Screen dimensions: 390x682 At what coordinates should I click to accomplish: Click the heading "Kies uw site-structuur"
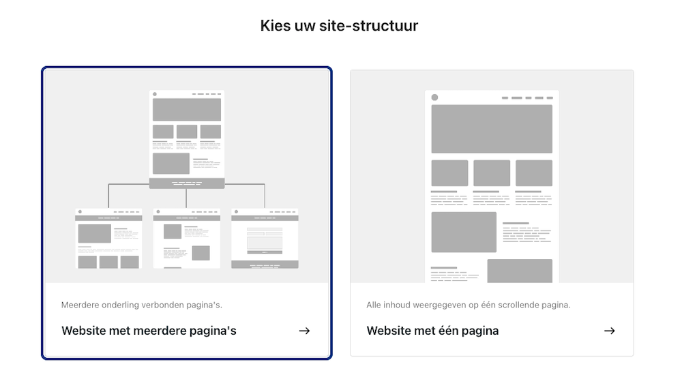(339, 26)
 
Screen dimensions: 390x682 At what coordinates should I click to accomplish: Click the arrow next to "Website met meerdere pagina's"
(304, 331)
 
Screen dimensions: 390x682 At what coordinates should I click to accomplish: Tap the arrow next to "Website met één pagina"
(609, 331)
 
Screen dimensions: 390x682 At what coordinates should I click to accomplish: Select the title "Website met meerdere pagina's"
(149, 331)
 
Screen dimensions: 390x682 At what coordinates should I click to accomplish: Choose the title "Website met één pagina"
(432, 331)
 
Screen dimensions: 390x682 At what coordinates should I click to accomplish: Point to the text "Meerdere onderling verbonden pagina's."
(141, 305)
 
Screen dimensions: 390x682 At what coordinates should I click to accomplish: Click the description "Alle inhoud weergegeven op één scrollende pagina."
(468, 305)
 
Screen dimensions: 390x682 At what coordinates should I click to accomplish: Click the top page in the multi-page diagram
(186, 136)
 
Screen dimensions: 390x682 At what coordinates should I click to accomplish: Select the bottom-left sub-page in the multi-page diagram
(108, 238)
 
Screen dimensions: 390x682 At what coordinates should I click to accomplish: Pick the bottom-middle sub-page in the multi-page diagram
(186, 238)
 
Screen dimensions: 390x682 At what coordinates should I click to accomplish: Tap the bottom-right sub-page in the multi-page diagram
(265, 238)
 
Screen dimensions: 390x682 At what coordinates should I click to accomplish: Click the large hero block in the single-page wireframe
(492, 129)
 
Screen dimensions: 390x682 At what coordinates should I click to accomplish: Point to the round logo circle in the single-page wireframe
(434, 97)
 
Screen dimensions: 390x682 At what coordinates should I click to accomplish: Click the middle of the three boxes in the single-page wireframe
(492, 173)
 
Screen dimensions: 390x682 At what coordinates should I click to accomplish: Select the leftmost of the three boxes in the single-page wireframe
(449, 173)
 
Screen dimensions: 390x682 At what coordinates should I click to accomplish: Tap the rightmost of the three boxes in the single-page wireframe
(533, 173)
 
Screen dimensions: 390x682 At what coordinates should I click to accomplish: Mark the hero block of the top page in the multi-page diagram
(186, 110)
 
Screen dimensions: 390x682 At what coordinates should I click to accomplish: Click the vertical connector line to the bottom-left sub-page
(108, 196)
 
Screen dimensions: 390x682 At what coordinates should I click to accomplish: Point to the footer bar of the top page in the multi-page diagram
(186, 183)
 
